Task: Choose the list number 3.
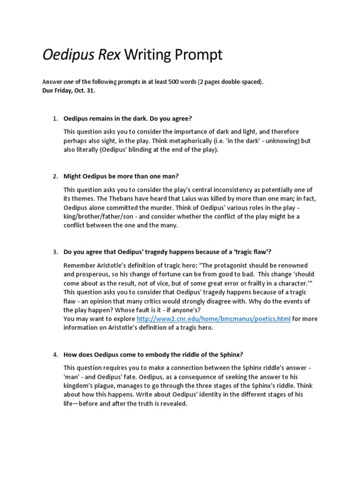[x=54, y=252]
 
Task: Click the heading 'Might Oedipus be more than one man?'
[x=121, y=176]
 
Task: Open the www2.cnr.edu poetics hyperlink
[x=213, y=319]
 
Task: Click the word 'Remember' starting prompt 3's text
[x=80, y=265]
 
